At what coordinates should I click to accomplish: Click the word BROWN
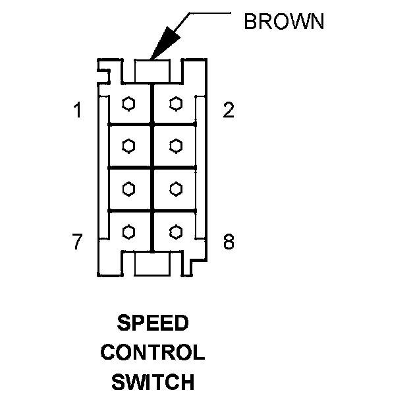(x=284, y=22)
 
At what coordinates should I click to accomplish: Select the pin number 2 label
(x=228, y=110)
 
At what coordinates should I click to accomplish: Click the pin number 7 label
(x=78, y=243)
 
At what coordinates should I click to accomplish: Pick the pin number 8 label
(x=228, y=243)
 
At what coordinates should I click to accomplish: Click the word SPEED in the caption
(x=153, y=324)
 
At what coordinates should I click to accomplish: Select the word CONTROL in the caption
(x=153, y=352)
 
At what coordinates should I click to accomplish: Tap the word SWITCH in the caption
(x=153, y=381)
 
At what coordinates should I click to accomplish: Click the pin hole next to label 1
(x=130, y=104)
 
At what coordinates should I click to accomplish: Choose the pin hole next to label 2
(x=175, y=104)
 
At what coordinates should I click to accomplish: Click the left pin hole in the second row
(x=130, y=146)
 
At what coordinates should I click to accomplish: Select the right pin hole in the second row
(x=175, y=146)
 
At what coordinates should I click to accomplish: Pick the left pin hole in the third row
(x=130, y=189)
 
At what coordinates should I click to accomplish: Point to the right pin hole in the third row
(x=175, y=189)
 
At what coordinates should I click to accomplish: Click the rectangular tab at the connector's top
(x=152, y=69)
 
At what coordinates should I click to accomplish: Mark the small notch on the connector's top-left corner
(x=103, y=68)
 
